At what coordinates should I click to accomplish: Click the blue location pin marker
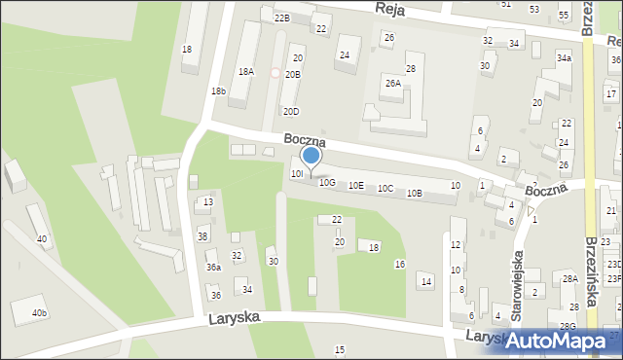click(x=311, y=157)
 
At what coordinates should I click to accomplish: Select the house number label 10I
click(x=298, y=173)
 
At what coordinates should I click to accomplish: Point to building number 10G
click(x=327, y=182)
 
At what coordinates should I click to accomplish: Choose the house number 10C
click(x=385, y=189)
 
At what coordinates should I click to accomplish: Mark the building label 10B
click(x=415, y=193)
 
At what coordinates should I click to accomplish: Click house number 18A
click(x=246, y=72)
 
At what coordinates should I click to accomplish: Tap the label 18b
click(x=218, y=91)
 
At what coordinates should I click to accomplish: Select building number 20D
click(x=291, y=112)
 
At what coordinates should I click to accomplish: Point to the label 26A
click(x=392, y=84)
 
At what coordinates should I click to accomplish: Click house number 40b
click(x=39, y=313)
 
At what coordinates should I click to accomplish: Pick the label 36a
click(x=213, y=268)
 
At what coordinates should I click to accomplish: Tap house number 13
click(x=208, y=202)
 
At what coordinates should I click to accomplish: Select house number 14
click(x=425, y=281)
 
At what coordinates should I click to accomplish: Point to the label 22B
click(x=282, y=18)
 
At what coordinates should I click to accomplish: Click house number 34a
click(x=564, y=58)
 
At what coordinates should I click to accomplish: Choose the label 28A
click(x=570, y=279)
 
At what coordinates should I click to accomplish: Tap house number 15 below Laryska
click(x=340, y=349)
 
